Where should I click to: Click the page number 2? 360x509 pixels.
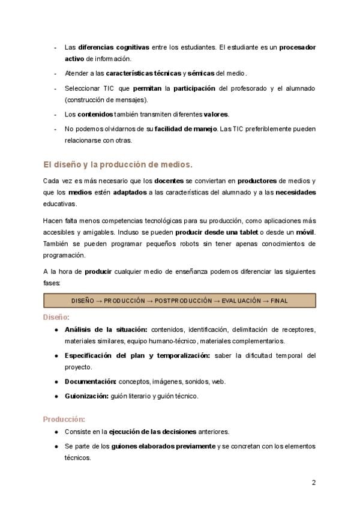(x=313, y=483)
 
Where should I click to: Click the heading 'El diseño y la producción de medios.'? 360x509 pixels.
(x=118, y=164)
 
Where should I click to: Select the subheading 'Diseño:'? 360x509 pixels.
(x=56, y=316)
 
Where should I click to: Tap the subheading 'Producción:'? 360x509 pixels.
(x=64, y=419)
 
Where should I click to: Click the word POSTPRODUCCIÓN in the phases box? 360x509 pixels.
(x=183, y=300)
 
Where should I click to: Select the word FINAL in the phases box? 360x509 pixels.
(x=279, y=300)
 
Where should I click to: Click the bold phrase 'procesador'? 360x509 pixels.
(x=297, y=47)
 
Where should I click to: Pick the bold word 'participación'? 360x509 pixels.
(x=194, y=89)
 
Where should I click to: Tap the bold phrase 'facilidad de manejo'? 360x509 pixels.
(x=185, y=129)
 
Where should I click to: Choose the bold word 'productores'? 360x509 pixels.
(x=257, y=181)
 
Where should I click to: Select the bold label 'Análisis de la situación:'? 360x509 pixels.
(x=106, y=330)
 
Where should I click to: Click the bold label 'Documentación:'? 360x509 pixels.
(x=91, y=381)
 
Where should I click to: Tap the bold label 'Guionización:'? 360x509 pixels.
(x=86, y=396)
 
